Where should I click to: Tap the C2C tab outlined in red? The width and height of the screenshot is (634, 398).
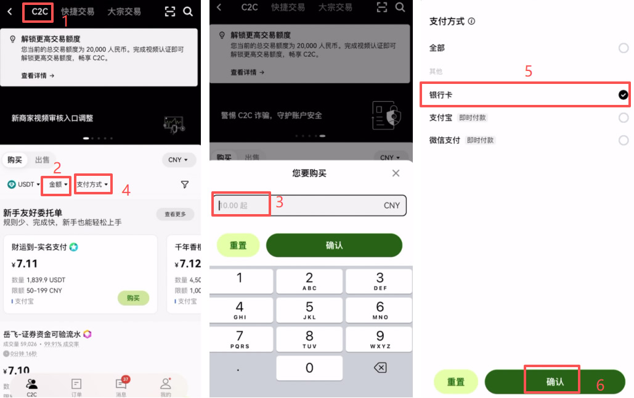click(x=40, y=11)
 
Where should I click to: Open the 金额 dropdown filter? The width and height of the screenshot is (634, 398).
click(x=59, y=184)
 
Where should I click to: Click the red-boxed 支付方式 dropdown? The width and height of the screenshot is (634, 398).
click(x=92, y=184)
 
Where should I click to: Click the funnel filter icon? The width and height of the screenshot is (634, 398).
click(x=184, y=184)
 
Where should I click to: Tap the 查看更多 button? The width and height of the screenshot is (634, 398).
click(x=175, y=215)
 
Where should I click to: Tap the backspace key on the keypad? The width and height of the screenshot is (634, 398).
click(x=380, y=368)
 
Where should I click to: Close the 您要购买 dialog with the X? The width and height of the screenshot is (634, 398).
click(x=396, y=173)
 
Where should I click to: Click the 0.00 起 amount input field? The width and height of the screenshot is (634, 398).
click(x=241, y=205)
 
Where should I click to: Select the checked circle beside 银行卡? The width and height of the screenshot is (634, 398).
click(x=623, y=95)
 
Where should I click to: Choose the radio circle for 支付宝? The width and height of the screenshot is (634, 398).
click(x=623, y=117)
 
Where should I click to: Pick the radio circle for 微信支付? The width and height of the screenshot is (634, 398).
click(x=623, y=140)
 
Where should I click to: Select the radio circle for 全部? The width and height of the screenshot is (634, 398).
click(x=623, y=48)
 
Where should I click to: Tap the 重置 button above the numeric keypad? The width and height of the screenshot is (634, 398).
click(x=238, y=245)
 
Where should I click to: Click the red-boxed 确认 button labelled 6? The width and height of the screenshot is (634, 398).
click(x=553, y=381)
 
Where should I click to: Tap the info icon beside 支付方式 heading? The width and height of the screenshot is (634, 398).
click(x=471, y=22)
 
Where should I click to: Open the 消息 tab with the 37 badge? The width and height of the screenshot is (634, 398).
click(x=121, y=386)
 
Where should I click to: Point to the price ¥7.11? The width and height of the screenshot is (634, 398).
click(x=25, y=264)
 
